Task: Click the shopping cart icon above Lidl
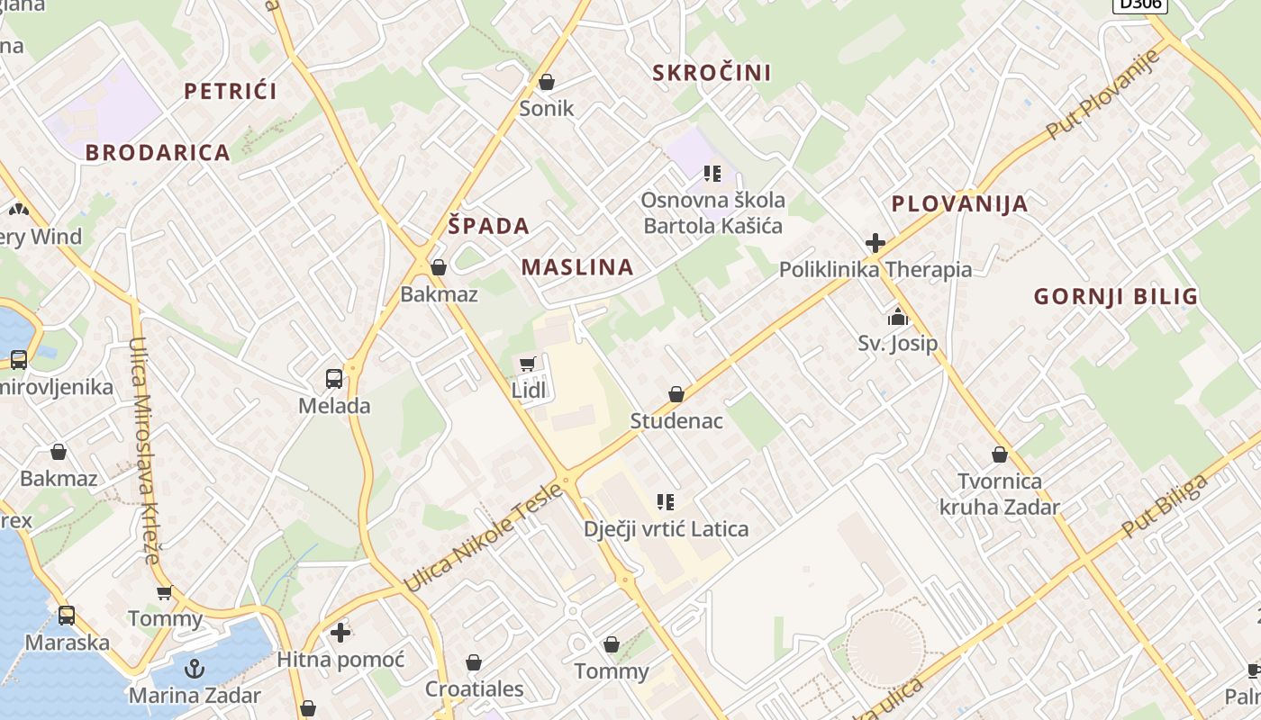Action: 527,364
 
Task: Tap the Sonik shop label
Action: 546,109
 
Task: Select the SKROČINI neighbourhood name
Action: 712,73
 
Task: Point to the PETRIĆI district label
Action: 230,91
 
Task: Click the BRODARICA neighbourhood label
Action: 158,153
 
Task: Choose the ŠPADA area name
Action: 488,226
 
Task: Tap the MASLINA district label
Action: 577,267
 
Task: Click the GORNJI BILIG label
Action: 1115,296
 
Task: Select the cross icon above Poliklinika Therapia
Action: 875,243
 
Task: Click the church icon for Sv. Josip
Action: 897,317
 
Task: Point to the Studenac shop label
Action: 676,420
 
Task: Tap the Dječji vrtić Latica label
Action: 666,528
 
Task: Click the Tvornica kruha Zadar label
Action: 999,494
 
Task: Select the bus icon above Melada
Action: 334,379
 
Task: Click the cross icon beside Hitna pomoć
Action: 340,634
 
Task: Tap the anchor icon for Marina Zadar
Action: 194,669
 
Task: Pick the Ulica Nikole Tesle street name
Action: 484,537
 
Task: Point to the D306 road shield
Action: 1140,4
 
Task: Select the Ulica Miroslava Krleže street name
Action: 145,450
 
